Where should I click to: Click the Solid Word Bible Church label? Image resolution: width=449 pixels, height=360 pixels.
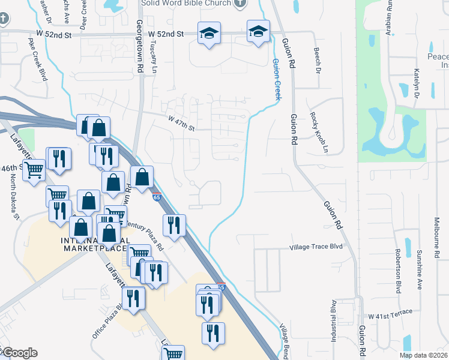pyautogui.click(x=186, y=4)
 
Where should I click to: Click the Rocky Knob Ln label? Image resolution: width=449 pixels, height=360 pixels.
pyautogui.click(x=319, y=131)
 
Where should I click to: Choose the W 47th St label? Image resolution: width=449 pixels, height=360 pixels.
pyautogui.click(x=182, y=127)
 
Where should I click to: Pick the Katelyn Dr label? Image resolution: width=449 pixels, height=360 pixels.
pyautogui.click(x=416, y=82)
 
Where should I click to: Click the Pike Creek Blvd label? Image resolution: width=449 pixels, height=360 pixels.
pyautogui.click(x=37, y=60)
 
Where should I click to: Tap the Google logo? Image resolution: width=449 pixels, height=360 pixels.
pyautogui.click(x=19, y=353)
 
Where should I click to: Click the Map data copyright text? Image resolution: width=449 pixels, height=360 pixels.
pyautogui.click(x=423, y=355)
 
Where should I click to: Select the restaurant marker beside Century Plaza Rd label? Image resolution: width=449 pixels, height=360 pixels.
pyautogui.click(x=174, y=226)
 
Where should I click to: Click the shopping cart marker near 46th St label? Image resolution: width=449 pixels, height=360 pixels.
pyautogui.click(x=34, y=170)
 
